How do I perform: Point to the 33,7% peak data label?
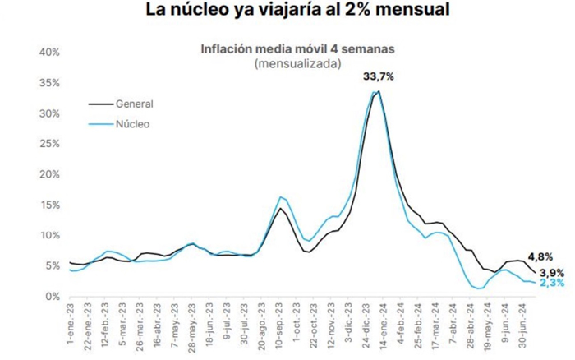(379, 76)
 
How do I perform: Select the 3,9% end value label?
(551, 271)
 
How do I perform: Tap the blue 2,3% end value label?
(551, 284)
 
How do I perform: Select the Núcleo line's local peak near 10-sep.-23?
(281, 197)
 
